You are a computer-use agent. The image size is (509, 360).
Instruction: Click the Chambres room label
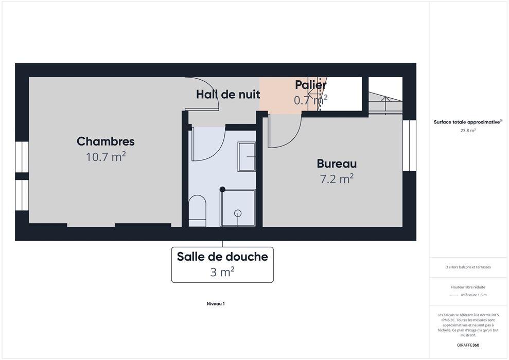pyautogui.click(x=106, y=141)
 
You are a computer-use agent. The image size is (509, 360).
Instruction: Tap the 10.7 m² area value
pyautogui.click(x=106, y=157)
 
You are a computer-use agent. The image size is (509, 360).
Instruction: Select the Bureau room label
pyautogui.click(x=337, y=164)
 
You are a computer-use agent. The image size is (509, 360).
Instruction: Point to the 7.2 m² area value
pyautogui.click(x=337, y=178)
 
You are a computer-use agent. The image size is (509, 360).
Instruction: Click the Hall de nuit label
pyautogui.click(x=228, y=95)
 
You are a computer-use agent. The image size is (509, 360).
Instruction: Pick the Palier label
pyautogui.click(x=311, y=85)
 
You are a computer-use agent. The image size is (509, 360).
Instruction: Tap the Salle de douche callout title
pyautogui.click(x=222, y=257)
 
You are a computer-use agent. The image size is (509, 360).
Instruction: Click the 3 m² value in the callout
pyautogui.click(x=222, y=272)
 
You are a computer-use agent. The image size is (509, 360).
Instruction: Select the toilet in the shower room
pyautogui.click(x=197, y=211)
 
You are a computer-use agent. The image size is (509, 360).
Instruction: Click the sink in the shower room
pyautogui.click(x=247, y=157)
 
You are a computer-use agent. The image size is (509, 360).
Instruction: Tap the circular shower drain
pyautogui.click(x=238, y=213)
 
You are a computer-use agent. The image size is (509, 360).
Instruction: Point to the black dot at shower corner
pyautogui.click(x=222, y=189)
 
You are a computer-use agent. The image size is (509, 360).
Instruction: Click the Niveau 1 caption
pyautogui.click(x=216, y=304)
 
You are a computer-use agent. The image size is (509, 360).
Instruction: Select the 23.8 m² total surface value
pyautogui.click(x=468, y=131)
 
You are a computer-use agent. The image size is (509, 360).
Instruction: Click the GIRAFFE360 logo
pyautogui.click(x=468, y=345)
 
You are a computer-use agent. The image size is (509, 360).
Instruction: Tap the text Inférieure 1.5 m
pyautogui.click(x=473, y=295)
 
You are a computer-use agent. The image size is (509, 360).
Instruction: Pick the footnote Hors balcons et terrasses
pyautogui.click(x=468, y=267)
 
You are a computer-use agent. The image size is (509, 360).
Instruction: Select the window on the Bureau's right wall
pyautogui.click(x=409, y=146)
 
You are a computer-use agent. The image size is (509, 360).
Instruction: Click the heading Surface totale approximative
pyautogui.click(x=468, y=122)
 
